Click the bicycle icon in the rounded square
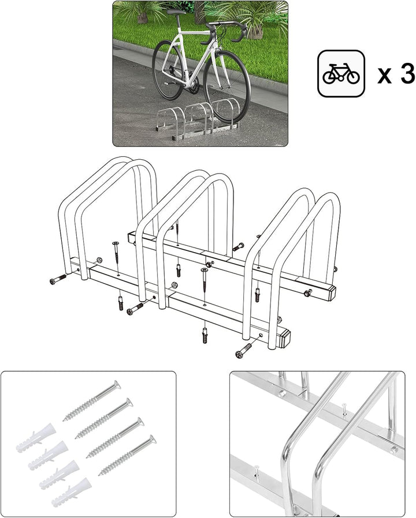[341, 74]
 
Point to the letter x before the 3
[385, 76]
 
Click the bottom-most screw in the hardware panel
[127, 456]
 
